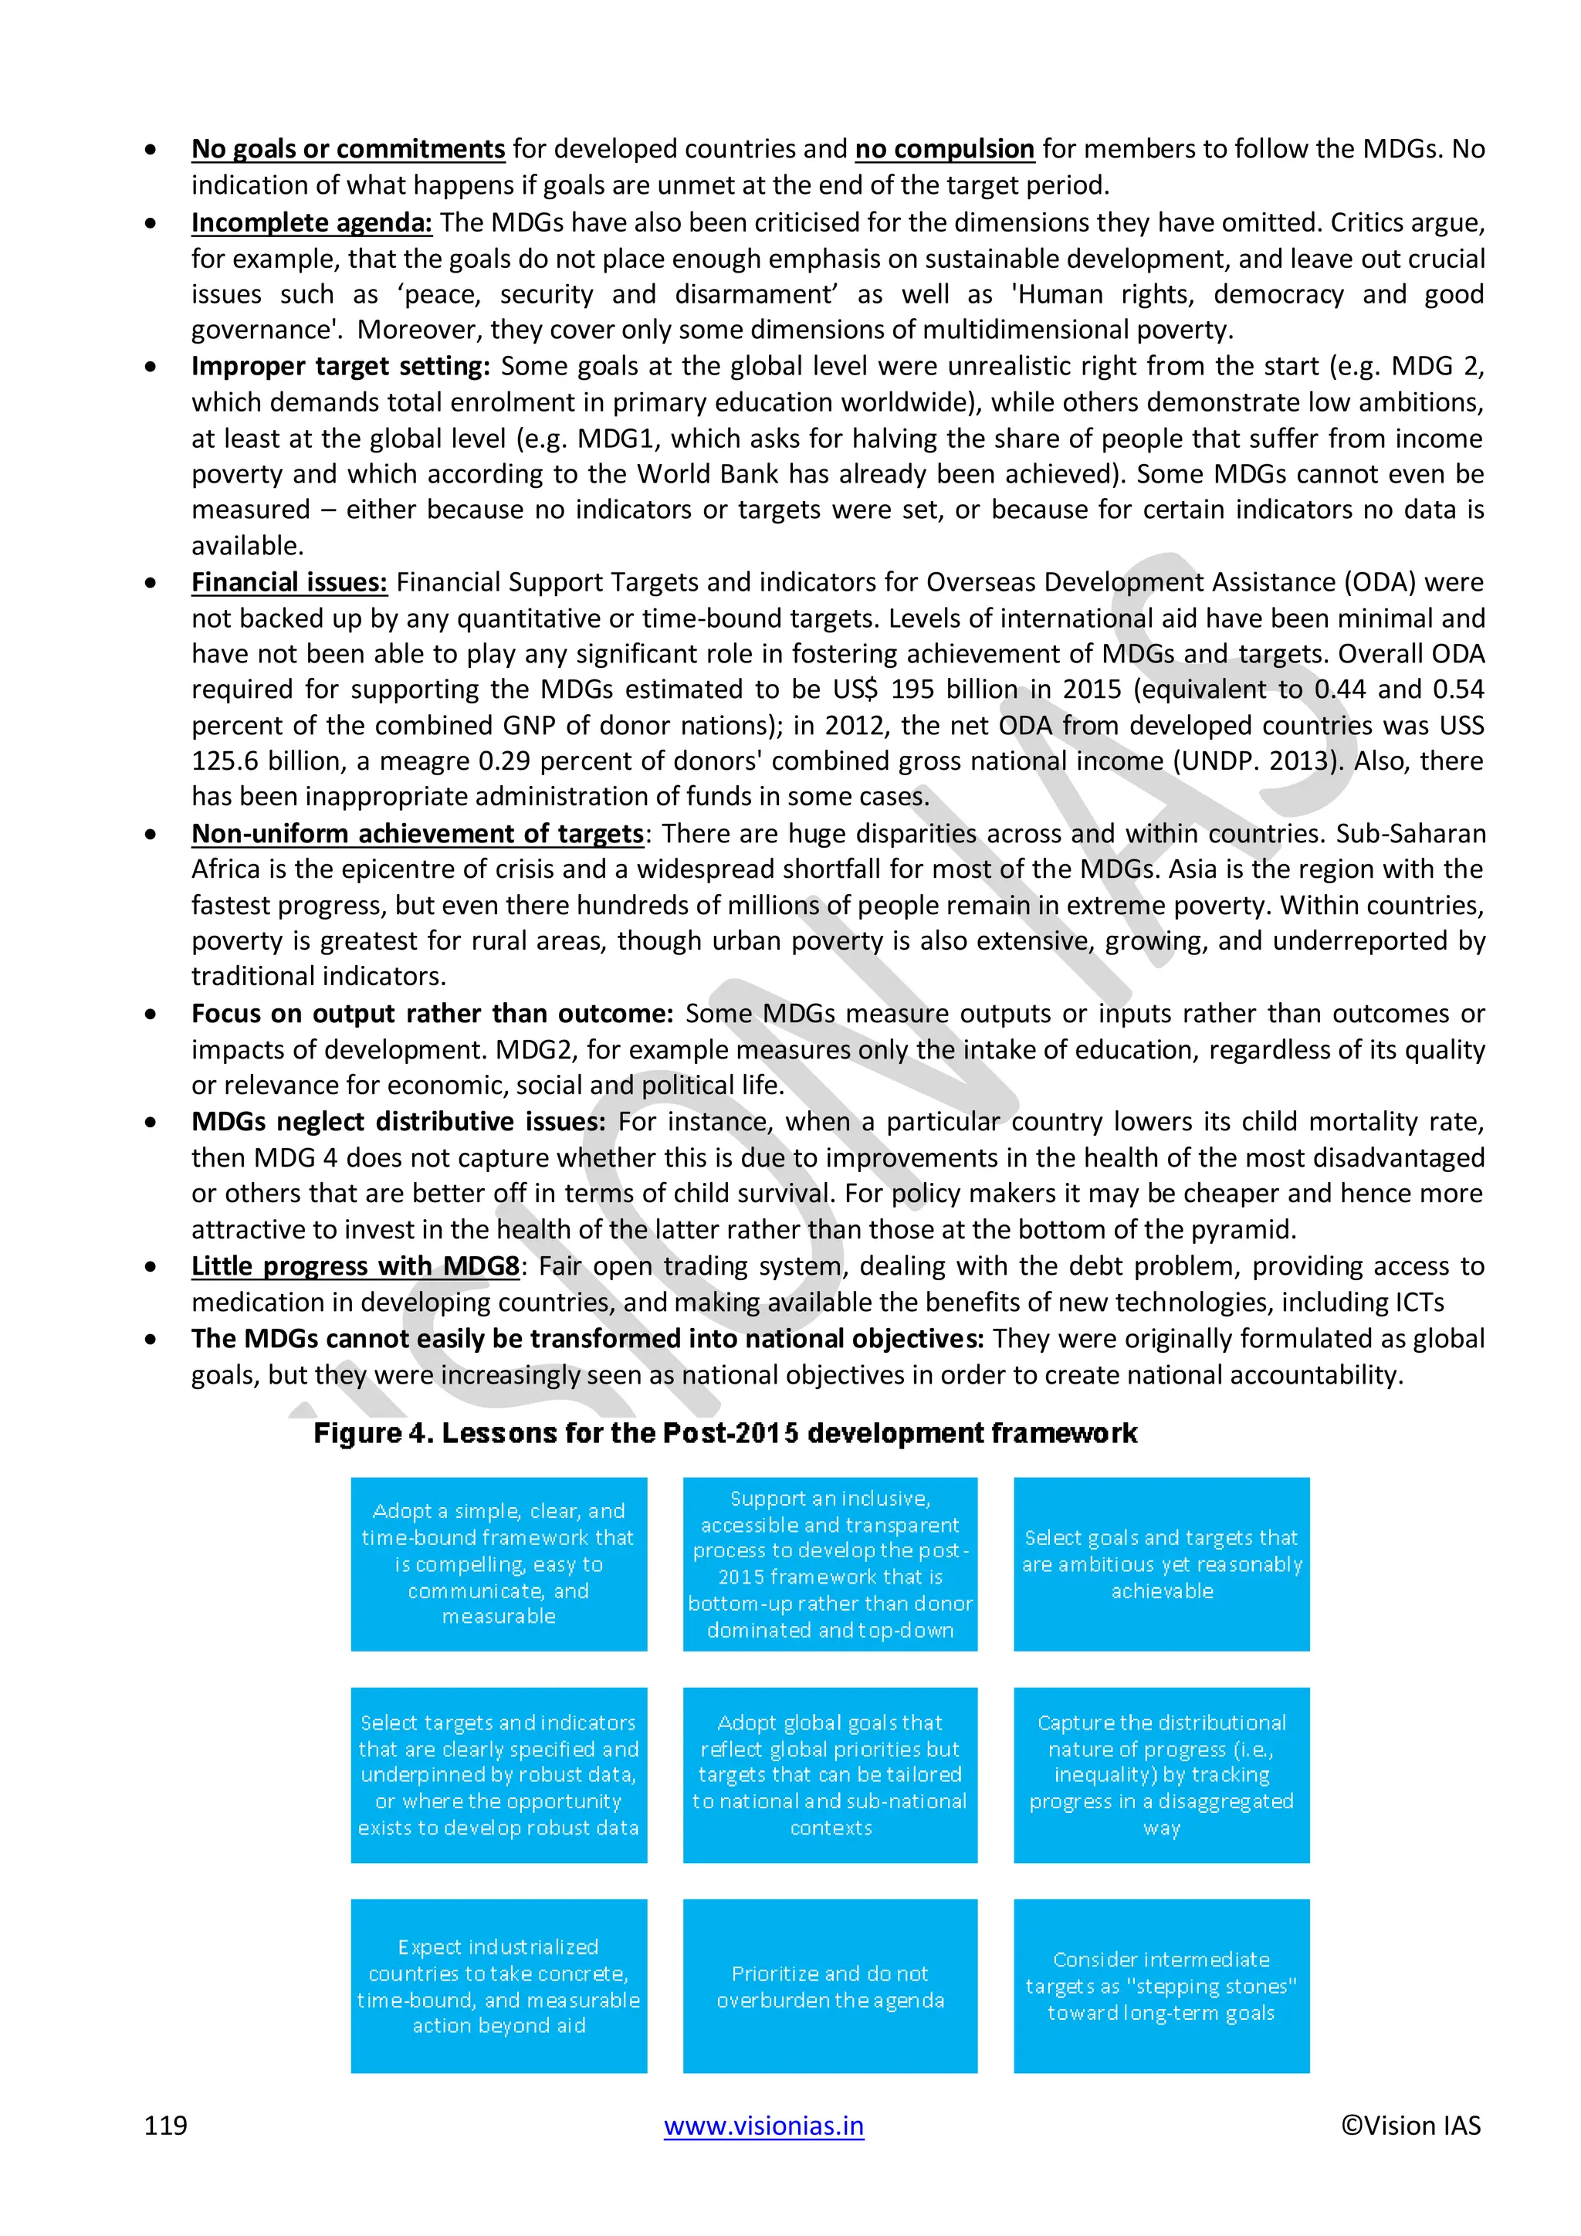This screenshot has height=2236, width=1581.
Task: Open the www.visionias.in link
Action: [763, 2125]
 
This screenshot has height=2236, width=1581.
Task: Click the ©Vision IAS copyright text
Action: [1410, 2125]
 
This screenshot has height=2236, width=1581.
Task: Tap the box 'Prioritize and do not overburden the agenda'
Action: [829, 1986]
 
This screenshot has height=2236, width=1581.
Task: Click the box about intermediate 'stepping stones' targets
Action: [1160, 1986]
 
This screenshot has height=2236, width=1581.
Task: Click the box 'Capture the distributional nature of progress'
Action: [1160, 1774]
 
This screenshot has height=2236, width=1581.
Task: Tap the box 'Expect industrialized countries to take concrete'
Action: [499, 1986]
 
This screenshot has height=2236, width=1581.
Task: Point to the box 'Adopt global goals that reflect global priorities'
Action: [829, 1774]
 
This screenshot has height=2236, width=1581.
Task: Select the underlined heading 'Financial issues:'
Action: [289, 582]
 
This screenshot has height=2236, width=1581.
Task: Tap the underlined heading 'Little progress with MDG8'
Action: [355, 1266]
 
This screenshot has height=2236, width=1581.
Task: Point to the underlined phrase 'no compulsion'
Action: [944, 149]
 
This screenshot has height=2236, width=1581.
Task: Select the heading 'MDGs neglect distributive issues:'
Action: [398, 1122]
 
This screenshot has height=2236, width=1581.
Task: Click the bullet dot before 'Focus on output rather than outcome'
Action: [150, 1014]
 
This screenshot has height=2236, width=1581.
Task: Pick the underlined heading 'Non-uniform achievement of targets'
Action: [418, 834]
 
